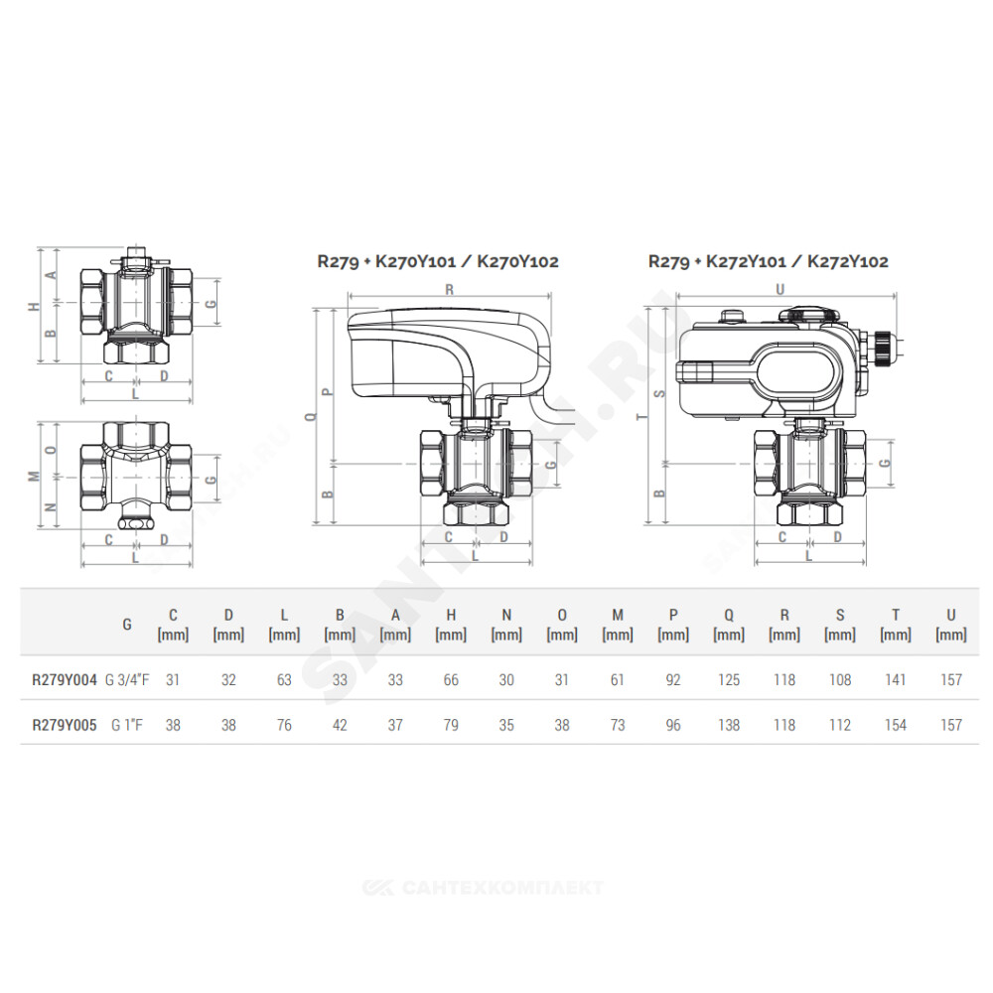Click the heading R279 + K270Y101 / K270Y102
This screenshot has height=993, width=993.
[438, 261]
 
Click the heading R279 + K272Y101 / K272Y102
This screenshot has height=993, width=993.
[769, 261]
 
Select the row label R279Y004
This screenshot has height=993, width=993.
[65, 680]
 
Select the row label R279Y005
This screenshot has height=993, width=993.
[65, 725]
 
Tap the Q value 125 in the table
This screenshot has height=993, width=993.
[729, 680]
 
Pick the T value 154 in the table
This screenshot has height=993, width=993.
[896, 725]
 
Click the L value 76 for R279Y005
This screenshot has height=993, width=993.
[284, 725]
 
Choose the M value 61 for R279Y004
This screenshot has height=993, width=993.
[618, 680]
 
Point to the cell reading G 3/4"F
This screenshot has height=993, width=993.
[127, 680]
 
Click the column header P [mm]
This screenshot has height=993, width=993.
[673, 625]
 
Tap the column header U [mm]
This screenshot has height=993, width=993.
[950, 625]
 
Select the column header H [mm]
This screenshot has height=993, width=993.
[451, 625]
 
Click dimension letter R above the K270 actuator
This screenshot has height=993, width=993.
[450, 289]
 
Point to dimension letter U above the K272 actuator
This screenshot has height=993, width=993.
[780, 289]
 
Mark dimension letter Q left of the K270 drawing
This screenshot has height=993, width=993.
[310, 417]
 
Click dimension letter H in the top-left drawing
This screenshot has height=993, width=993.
[34, 307]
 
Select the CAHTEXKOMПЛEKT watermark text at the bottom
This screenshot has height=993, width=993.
[483, 888]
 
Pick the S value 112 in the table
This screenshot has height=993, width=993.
[840, 725]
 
